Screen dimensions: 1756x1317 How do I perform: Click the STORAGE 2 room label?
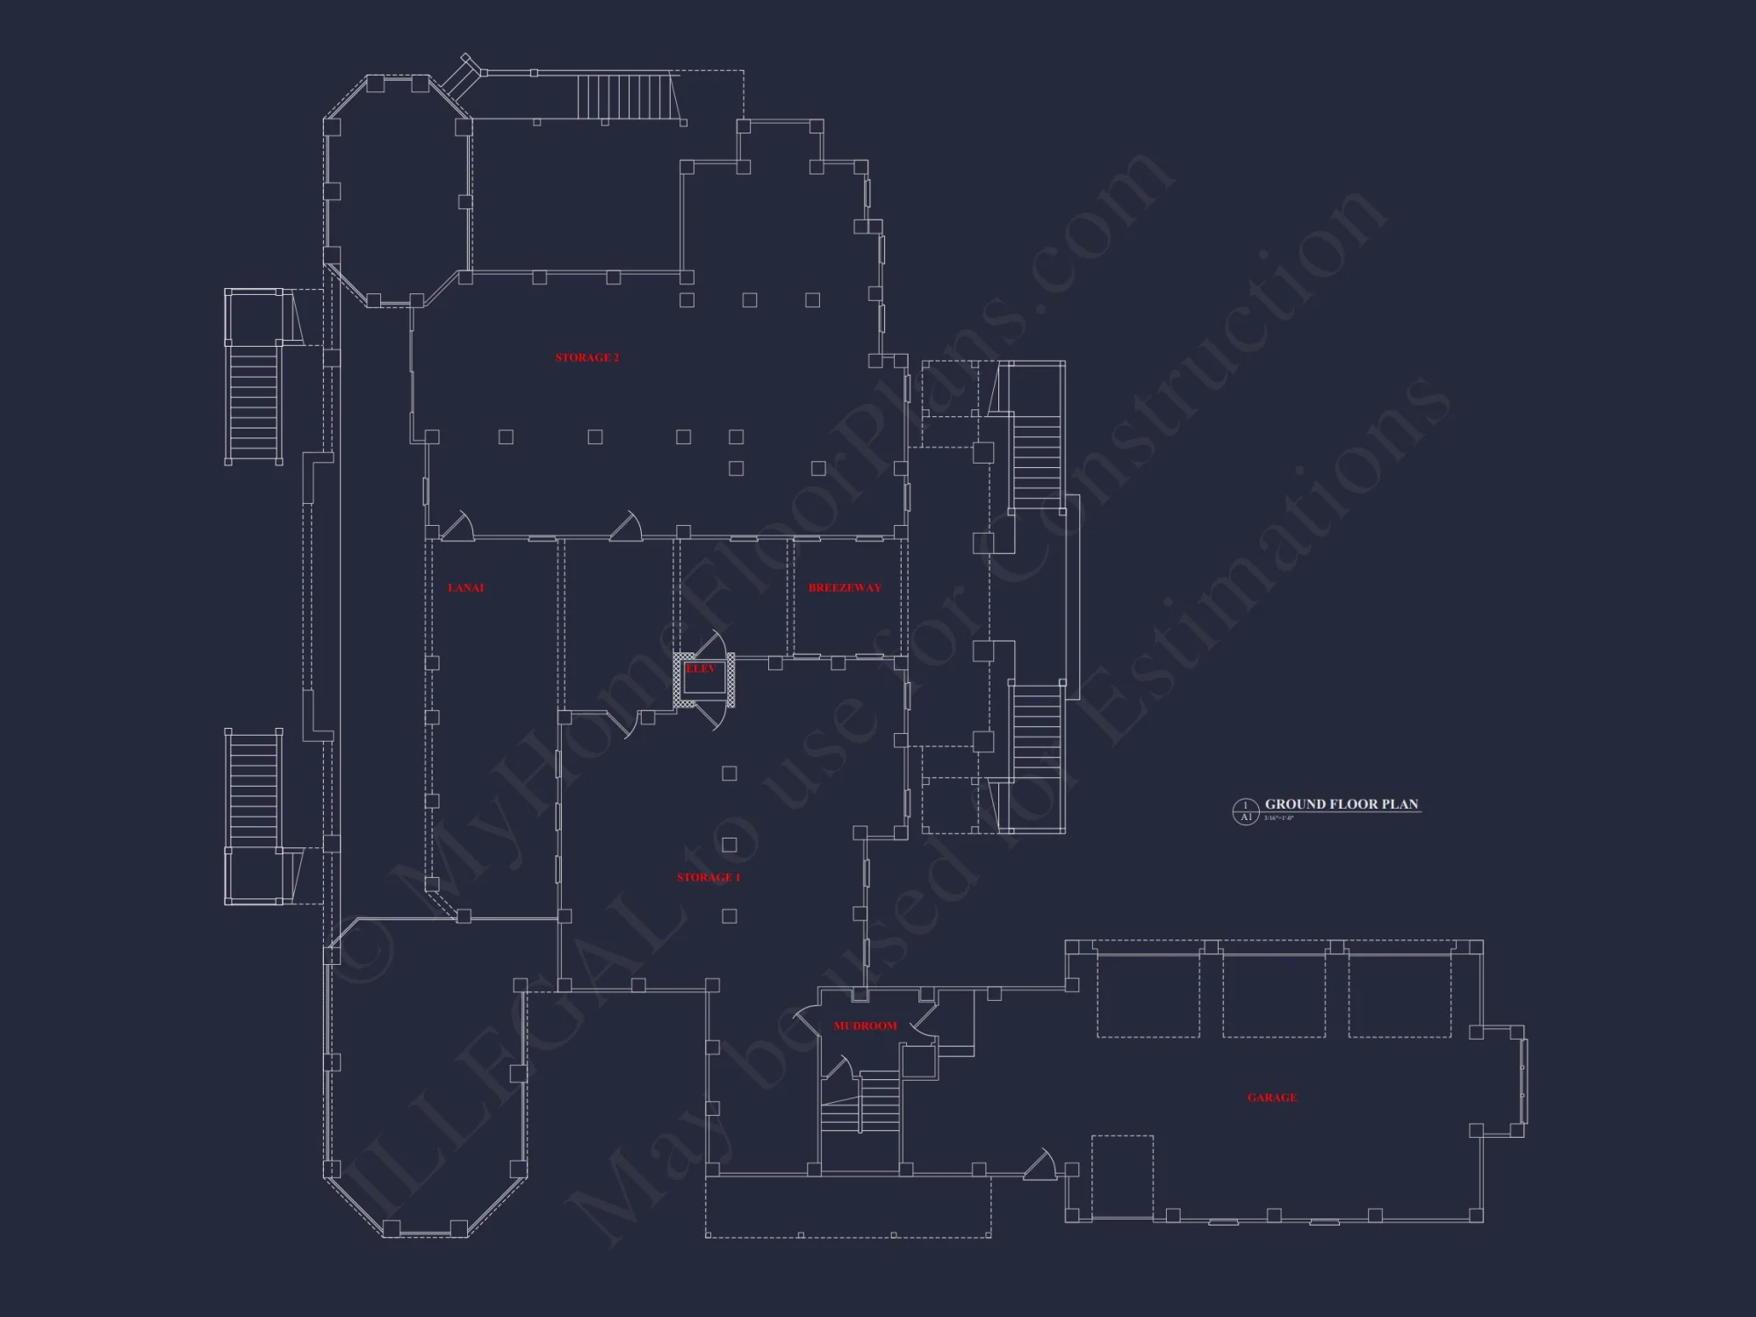[587, 357]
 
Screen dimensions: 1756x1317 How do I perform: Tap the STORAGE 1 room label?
[708, 877]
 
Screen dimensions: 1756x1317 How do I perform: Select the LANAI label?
[465, 587]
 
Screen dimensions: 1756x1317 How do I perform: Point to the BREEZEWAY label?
[844, 587]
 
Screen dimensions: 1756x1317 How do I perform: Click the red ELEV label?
[701, 669]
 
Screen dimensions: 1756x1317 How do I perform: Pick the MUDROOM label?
[865, 1026]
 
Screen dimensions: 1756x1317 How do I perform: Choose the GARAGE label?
[1271, 1097]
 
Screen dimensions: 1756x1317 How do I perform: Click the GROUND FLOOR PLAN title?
[1341, 804]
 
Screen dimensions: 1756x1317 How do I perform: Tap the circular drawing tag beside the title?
[1245, 811]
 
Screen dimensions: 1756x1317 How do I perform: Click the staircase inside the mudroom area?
[860, 1111]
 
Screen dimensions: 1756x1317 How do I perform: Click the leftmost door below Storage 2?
[457, 526]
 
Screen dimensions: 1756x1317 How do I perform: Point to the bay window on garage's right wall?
[1523, 1081]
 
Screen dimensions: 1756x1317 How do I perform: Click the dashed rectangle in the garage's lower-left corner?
[1122, 1177]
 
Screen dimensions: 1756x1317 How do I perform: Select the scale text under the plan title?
[1278, 818]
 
